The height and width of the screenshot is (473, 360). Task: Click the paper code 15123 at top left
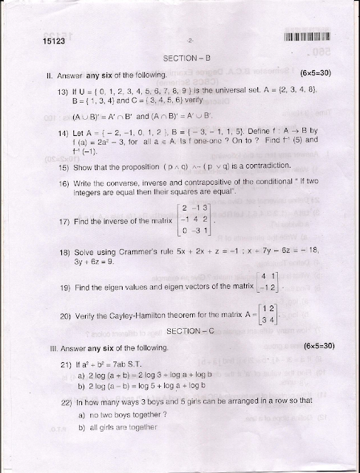pos(35,43)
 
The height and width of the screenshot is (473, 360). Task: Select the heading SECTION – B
pos(181,60)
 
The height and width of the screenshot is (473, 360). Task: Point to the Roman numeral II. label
pos(30,75)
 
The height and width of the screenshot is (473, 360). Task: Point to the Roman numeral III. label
pos(31,345)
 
